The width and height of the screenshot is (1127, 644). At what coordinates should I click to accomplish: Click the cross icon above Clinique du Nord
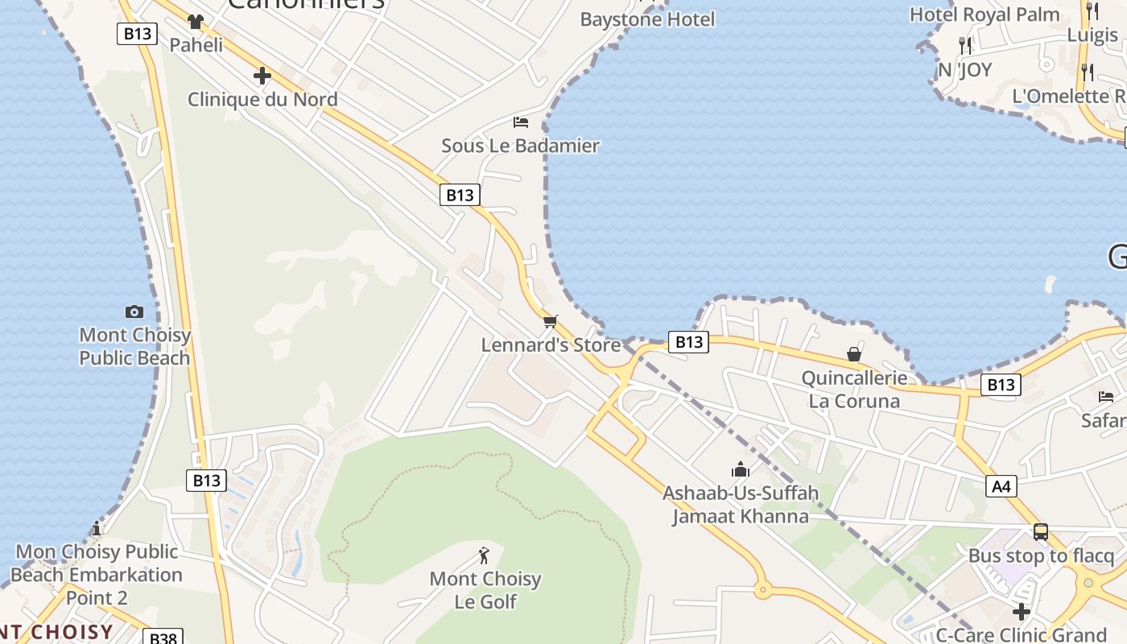pyautogui.click(x=262, y=76)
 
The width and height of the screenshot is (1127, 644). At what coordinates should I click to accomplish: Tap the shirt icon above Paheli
pyautogui.click(x=196, y=22)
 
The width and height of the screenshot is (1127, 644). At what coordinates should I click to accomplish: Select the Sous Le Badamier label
pyautogui.click(x=520, y=146)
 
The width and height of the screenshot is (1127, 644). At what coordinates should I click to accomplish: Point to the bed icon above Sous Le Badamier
pyautogui.click(x=521, y=122)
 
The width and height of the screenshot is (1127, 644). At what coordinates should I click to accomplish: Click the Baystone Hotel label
pyautogui.click(x=647, y=19)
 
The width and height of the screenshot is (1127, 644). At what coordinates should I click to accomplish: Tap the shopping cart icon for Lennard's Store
pyautogui.click(x=551, y=322)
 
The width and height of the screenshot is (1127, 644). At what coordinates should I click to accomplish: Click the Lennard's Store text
pyautogui.click(x=551, y=345)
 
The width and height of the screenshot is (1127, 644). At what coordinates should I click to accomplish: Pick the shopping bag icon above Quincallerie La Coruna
pyautogui.click(x=854, y=354)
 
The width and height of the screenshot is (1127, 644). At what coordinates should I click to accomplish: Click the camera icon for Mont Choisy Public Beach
pyautogui.click(x=134, y=312)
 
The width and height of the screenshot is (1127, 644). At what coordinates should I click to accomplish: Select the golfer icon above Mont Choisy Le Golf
pyautogui.click(x=484, y=555)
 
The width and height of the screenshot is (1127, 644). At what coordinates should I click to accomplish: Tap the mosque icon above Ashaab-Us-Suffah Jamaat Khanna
pyautogui.click(x=741, y=469)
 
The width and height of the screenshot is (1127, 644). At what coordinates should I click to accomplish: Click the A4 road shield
pyautogui.click(x=1001, y=486)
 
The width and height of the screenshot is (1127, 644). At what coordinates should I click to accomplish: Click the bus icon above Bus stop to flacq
pyautogui.click(x=1041, y=532)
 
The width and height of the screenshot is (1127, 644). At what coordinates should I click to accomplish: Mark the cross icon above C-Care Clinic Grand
pyautogui.click(x=1022, y=612)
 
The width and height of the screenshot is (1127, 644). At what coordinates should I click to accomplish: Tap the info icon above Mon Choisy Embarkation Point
pyautogui.click(x=97, y=528)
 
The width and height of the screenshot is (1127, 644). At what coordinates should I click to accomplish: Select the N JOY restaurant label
pyautogui.click(x=964, y=70)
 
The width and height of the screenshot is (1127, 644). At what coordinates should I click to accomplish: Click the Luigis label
pyautogui.click(x=1092, y=35)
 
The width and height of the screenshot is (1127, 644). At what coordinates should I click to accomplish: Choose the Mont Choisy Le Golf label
pyautogui.click(x=485, y=590)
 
